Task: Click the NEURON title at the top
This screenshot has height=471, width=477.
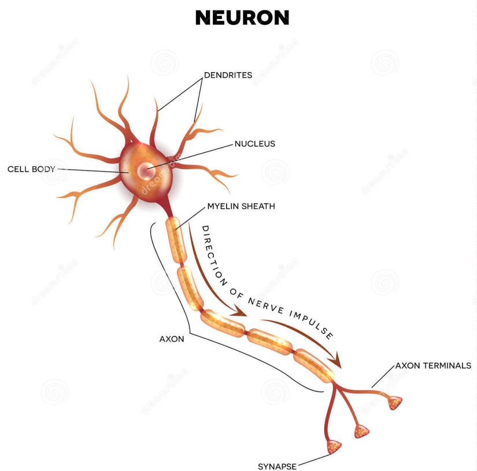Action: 242,18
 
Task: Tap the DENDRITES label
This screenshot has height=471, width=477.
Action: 228,75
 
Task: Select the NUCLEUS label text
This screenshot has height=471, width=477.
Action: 254,144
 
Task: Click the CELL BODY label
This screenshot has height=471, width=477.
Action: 31,169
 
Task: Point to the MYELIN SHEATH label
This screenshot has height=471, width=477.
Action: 241,205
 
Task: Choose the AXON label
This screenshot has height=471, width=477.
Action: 172,339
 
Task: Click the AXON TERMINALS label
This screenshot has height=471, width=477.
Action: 433,365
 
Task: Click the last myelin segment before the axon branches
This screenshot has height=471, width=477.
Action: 313,365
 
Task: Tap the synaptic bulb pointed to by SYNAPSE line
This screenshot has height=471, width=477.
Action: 334,446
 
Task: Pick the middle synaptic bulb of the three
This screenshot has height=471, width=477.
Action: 362,431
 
